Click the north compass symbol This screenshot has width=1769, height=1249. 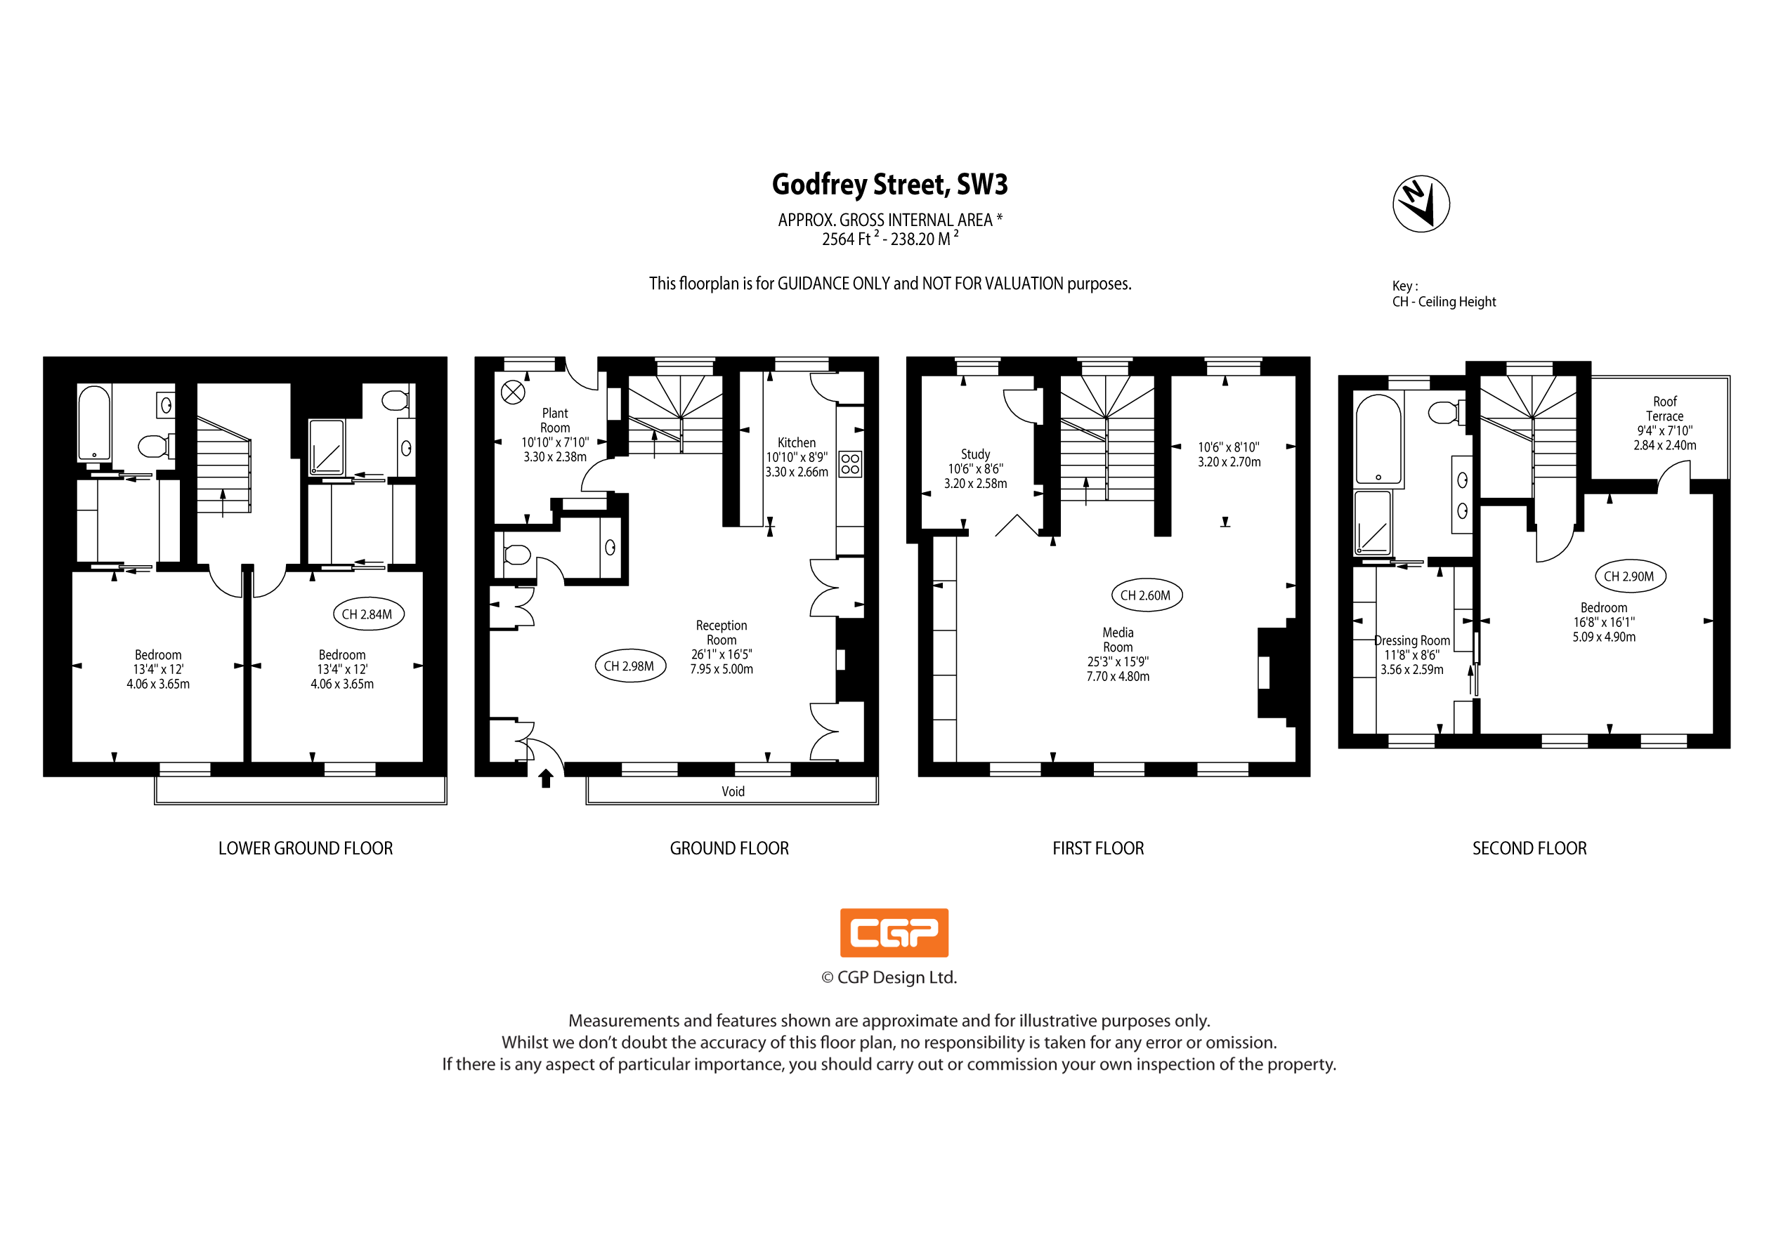coord(1421,204)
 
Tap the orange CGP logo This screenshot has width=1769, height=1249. coord(894,932)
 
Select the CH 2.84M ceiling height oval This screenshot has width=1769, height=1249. coord(367,614)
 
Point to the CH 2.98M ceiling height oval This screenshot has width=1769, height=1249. coord(629,666)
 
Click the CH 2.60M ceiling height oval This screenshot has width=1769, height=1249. coord(1146,595)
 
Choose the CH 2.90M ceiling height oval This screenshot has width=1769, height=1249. coord(1628,576)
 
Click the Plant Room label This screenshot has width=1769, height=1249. coord(555,421)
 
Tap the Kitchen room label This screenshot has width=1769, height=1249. coord(797,443)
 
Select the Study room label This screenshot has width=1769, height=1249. coord(975,454)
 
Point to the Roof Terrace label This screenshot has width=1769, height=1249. coord(1665,409)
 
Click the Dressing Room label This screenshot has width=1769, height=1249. coord(1412,641)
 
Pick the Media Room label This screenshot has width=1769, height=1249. coord(1118,640)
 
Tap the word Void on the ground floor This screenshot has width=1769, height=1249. coord(733,792)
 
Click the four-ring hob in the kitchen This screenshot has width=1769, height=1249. coord(850,463)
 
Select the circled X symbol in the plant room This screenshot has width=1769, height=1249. coord(513,392)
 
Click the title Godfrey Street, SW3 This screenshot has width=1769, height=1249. coord(890,185)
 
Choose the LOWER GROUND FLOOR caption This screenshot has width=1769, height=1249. coord(305,849)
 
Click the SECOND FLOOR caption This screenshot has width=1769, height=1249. coord(1529,849)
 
